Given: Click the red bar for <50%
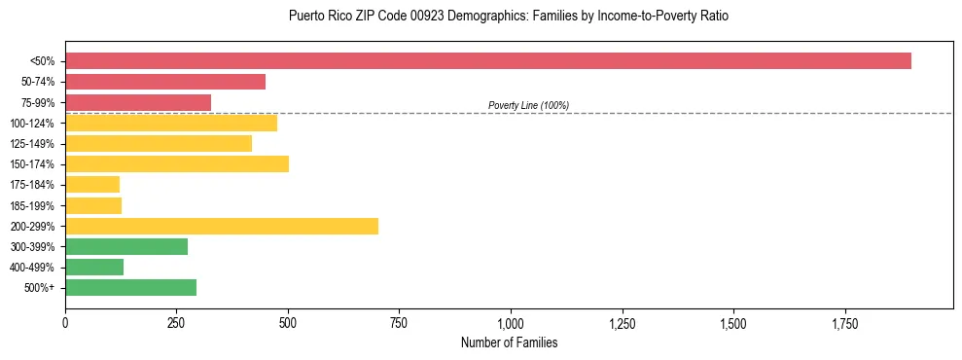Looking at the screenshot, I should (487, 61).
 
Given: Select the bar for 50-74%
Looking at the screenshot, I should (165, 82).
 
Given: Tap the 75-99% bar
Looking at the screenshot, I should (138, 102).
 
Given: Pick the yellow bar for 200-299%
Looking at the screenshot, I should (222, 226).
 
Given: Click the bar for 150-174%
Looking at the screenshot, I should (177, 163).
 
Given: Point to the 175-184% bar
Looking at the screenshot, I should (92, 184).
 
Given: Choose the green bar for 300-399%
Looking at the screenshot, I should (126, 246).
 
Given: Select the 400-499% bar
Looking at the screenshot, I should (94, 267).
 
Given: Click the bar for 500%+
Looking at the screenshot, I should (130, 287).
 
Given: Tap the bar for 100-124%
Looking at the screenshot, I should (171, 123).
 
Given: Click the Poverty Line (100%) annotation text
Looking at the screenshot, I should (528, 105).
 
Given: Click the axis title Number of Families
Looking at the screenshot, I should (509, 343).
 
